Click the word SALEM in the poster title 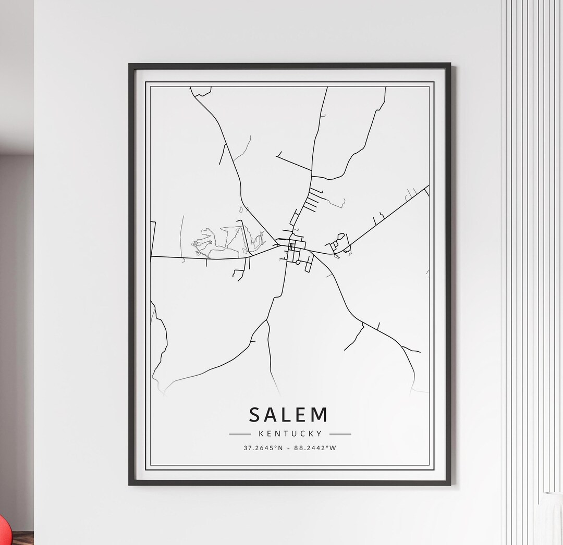[x=289, y=415]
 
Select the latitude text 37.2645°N [x=263, y=448]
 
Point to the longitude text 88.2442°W [x=315, y=448]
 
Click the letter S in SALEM [x=254, y=415]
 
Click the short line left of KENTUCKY [x=240, y=433]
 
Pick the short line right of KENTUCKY [x=340, y=433]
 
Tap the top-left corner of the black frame [x=130, y=65]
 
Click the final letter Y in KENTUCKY [x=320, y=433]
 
